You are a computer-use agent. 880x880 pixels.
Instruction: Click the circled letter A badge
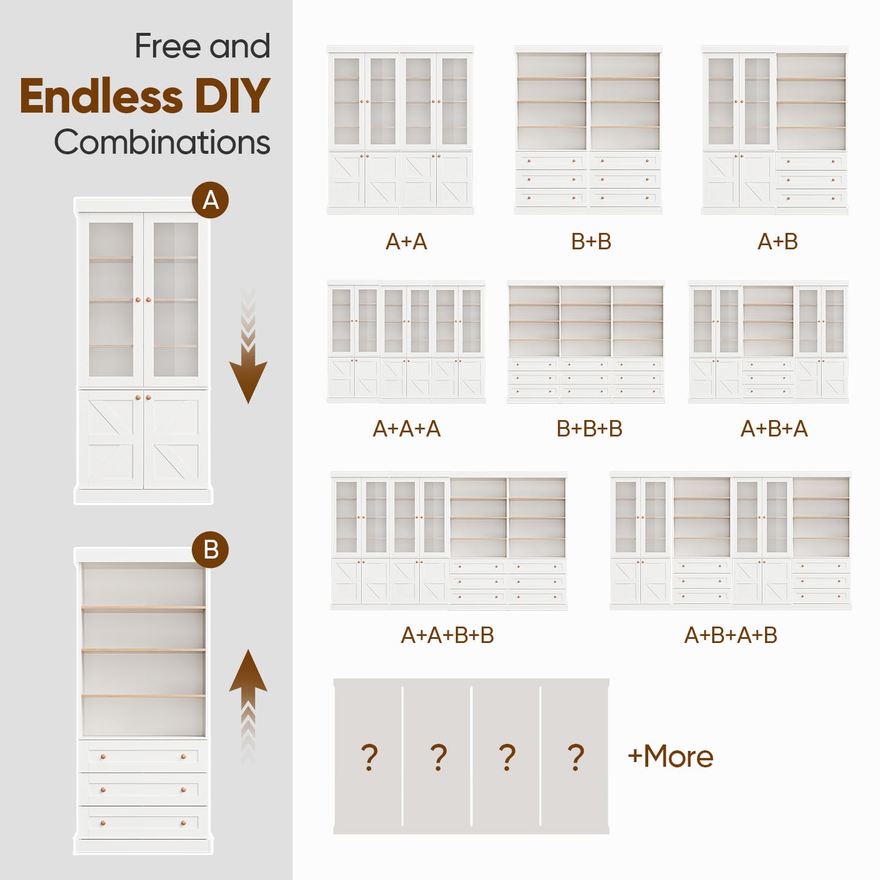(x=210, y=200)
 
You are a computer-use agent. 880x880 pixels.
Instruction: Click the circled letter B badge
(x=210, y=550)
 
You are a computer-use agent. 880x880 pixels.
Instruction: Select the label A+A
(x=406, y=242)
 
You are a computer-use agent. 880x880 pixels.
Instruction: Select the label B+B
(x=591, y=242)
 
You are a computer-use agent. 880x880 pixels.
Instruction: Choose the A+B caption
(x=777, y=242)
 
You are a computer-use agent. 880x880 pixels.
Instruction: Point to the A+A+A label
(x=407, y=429)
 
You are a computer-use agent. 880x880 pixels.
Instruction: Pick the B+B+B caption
(x=590, y=429)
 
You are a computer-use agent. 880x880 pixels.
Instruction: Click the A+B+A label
(x=774, y=429)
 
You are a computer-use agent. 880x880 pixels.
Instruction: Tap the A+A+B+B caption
(x=448, y=635)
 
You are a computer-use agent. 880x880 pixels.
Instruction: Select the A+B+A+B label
(x=731, y=635)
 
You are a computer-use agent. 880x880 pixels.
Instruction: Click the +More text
(x=671, y=756)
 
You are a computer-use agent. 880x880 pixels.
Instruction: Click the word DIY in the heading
(x=232, y=96)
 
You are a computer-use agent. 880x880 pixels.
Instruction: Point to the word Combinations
(x=162, y=143)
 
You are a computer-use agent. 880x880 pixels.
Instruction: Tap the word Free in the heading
(x=168, y=46)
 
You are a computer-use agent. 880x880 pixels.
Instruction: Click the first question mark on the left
(x=369, y=757)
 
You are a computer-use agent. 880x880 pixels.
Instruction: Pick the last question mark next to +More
(x=576, y=757)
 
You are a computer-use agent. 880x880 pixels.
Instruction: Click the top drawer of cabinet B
(x=143, y=756)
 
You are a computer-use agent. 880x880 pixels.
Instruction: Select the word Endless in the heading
(x=101, y=96)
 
